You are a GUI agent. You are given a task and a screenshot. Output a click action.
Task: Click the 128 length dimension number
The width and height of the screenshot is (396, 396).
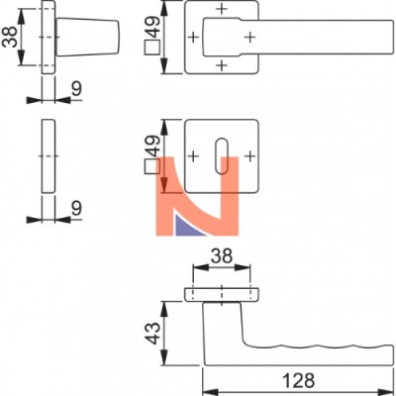point(298,380)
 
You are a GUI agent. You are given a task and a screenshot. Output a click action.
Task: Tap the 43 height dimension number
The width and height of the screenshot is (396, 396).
point(152,334)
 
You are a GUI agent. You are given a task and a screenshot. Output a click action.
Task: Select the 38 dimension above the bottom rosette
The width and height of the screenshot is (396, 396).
point(222,255)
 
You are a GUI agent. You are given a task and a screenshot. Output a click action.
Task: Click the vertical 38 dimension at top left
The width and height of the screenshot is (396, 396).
point(9,37)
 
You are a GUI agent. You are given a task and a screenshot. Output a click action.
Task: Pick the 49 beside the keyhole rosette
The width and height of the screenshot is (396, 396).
point(152,147)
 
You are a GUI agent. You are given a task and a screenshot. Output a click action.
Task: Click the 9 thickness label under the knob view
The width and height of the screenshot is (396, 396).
point(76,89)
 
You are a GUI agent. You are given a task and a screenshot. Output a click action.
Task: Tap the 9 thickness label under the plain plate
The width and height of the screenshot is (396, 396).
point(76,208)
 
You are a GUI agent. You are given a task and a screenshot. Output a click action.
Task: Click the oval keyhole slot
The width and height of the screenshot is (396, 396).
point(222,156)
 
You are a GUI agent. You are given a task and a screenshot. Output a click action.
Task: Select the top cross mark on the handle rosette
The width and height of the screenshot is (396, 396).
point(222,9)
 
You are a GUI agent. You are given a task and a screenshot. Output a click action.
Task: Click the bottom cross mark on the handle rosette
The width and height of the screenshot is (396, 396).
point(222,65)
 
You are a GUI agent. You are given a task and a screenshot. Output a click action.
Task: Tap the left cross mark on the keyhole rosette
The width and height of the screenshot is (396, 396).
point(194,155)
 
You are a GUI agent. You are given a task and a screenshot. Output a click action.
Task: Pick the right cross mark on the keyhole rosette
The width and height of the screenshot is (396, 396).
point(250,155)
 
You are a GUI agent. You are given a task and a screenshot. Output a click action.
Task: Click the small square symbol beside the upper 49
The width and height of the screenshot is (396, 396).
point(152,48)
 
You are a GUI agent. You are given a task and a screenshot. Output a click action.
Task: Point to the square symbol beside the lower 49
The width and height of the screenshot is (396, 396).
point(152,166)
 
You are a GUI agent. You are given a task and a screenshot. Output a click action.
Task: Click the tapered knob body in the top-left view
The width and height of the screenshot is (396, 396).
point(87,37)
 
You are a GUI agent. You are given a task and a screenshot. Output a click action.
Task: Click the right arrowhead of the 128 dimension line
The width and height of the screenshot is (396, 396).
point(387,392)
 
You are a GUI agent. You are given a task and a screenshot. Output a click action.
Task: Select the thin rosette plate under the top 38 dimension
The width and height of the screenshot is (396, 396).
point(222,295)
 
